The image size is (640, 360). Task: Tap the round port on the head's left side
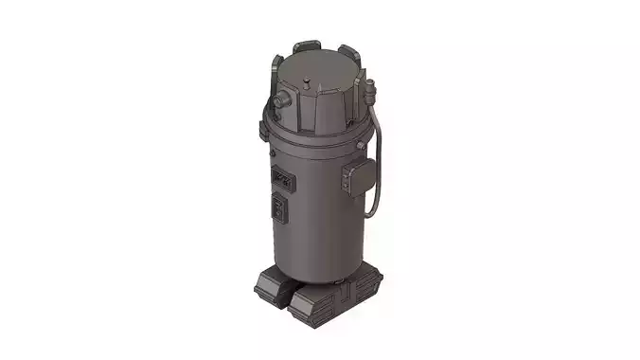click(281, 99)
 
